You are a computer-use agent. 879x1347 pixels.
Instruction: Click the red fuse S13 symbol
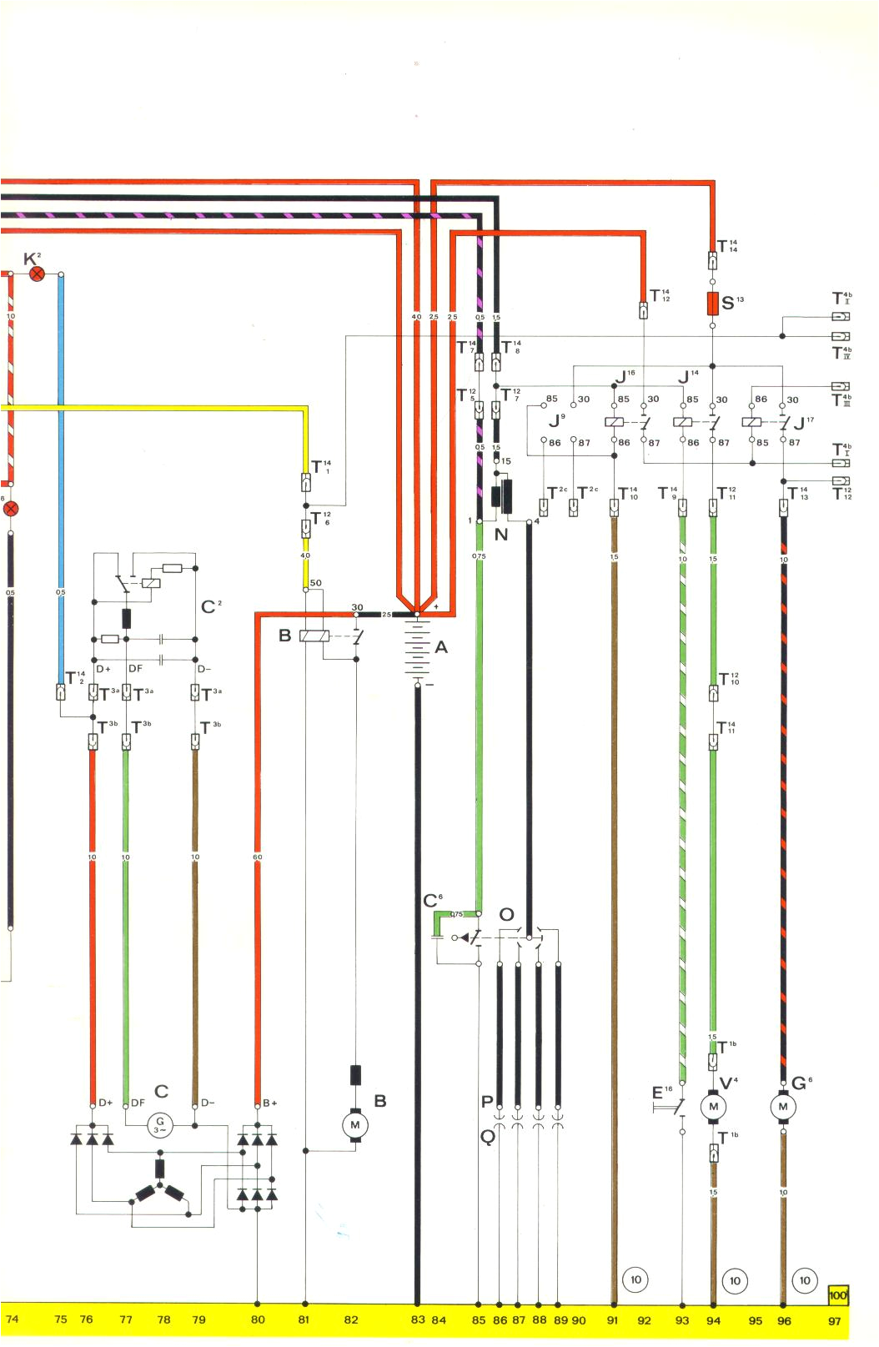pos(712,304)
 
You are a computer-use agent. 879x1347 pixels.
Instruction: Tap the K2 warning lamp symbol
pos(36,274)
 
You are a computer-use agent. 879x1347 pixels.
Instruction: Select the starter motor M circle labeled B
pos(355,1125)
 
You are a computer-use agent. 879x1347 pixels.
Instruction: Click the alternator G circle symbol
pos(159,1125)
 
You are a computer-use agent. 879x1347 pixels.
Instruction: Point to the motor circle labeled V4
pos(712,1107)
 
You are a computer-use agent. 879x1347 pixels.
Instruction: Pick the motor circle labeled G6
pos(782,1107)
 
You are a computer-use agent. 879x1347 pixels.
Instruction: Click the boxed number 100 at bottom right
pos(837,1296)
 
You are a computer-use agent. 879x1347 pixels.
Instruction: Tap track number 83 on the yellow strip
pos(418,1319)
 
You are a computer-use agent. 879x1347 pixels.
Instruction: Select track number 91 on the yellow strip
pos(613,1319)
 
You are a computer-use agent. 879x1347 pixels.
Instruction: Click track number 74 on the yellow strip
pos(12,1319)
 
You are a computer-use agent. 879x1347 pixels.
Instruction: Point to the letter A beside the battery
pos(441,647)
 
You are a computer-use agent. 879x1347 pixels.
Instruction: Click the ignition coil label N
pos(501,535)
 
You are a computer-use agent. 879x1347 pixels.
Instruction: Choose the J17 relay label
pos(801,424)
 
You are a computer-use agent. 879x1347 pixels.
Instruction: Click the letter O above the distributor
pos(506,915)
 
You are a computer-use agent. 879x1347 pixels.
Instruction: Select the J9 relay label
pos(556,420)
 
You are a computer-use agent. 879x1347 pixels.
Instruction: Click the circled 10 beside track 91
pos(635,1279)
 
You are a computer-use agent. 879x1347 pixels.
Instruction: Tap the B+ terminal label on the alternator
pos(269,1103)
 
